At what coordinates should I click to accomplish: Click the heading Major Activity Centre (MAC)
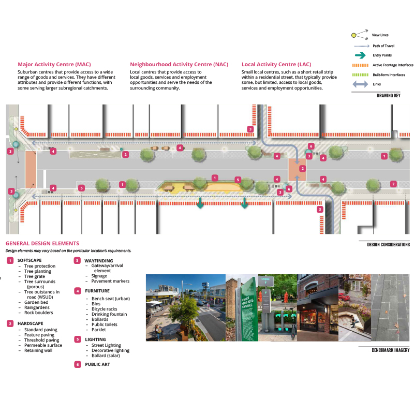click(x=54, y=64)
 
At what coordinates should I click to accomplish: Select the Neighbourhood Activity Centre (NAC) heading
click(x=179, y=64)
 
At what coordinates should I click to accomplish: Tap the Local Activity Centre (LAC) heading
click(x=276, y=64)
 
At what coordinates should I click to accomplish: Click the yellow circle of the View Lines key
click(x=354, y=35)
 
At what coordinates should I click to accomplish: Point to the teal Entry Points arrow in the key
click(x=360, y=55)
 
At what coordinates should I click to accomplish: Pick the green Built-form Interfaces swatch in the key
click(x=360, y=75)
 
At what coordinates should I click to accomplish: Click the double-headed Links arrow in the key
click(x=360, y=84)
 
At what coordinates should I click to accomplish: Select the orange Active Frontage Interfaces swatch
click(x=360, y=65)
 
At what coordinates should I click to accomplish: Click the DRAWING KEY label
click(x=389, y=96)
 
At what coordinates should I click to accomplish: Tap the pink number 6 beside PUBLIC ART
click(x=77, y=364)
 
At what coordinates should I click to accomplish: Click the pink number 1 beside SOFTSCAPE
click(x=10, y=261)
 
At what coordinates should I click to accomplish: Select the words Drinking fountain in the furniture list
click(x=109, y=314)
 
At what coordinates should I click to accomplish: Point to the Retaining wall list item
click(x=38, y=350)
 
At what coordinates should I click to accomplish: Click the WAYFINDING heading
click(x=99, y=261)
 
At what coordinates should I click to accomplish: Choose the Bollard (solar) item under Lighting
click(x=106, y=356)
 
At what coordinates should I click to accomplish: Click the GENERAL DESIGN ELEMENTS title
click(x=42, y=243)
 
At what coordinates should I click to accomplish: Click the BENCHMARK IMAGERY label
click(x=391, y=350)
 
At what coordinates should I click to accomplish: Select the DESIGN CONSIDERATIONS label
click(x=389, y=245)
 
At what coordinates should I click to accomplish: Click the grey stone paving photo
click(x=390, y=307)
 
